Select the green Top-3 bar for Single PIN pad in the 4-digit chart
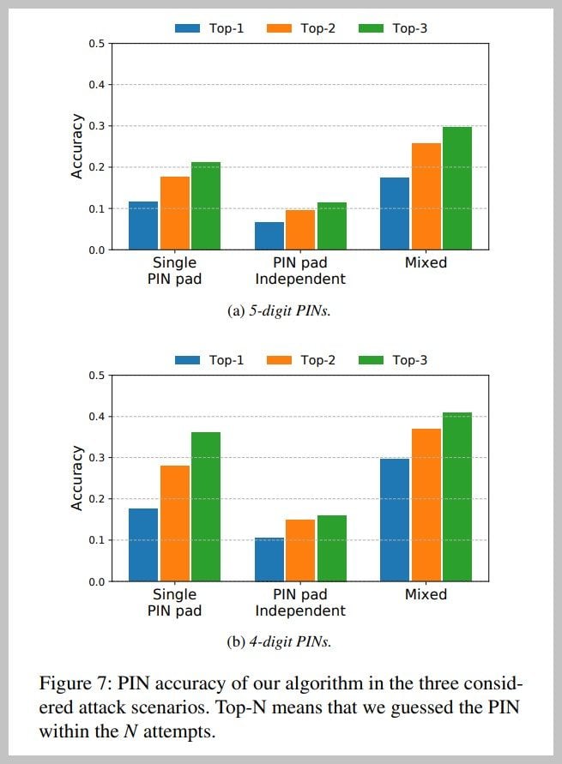click(206, 507)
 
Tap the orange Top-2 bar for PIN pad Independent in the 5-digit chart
click(300, 230)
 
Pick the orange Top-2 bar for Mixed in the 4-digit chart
click(426, 505)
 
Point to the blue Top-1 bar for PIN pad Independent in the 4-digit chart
click(269, 559)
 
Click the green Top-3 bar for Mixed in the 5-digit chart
click(458, 189)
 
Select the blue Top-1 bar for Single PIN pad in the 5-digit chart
click(143, 226)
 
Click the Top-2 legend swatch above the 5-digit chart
click(279, 28)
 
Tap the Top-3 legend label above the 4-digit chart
click(409, 360)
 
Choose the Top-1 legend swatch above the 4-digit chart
click(187, 360)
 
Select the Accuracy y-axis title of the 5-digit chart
click(77, 146)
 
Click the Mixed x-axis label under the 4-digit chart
click(426, 594)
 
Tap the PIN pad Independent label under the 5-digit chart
click(300, 270)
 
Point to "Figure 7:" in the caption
click(74, 683)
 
